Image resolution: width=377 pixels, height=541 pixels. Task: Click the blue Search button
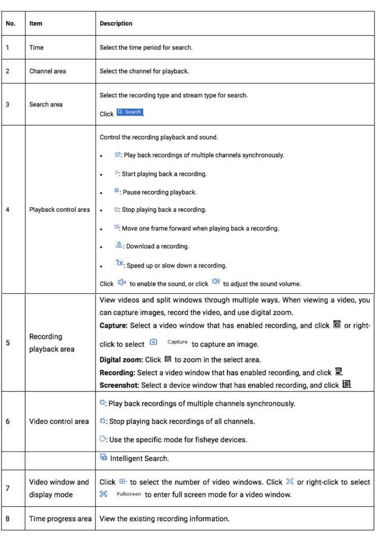tap(130, 112)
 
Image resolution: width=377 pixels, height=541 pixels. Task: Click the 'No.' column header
tap(11, 24)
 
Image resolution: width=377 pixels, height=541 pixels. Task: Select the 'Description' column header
tap(116, 24)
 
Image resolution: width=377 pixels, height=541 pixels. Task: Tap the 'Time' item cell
tap(36, 48)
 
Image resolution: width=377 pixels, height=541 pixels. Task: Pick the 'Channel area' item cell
tap(48, 71)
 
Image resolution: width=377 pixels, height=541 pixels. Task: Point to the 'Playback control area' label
tap(60, 210)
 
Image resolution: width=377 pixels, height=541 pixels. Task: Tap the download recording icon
tap(119, 246)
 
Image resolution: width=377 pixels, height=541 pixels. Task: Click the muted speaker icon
tap(121, 283)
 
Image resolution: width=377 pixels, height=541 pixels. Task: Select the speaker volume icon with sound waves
tap(215, 283)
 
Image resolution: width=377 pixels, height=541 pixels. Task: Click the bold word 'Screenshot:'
tap(120, 385)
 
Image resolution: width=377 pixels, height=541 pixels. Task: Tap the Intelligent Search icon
tap(103, 458)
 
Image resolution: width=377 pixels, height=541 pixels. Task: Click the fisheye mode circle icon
tap(103, 439)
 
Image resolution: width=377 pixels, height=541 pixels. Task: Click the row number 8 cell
tap(7, 519)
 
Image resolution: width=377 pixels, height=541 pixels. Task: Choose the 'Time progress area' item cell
tap(60, 519)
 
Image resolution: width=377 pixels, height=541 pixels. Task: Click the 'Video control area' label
tap(59, 421)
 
